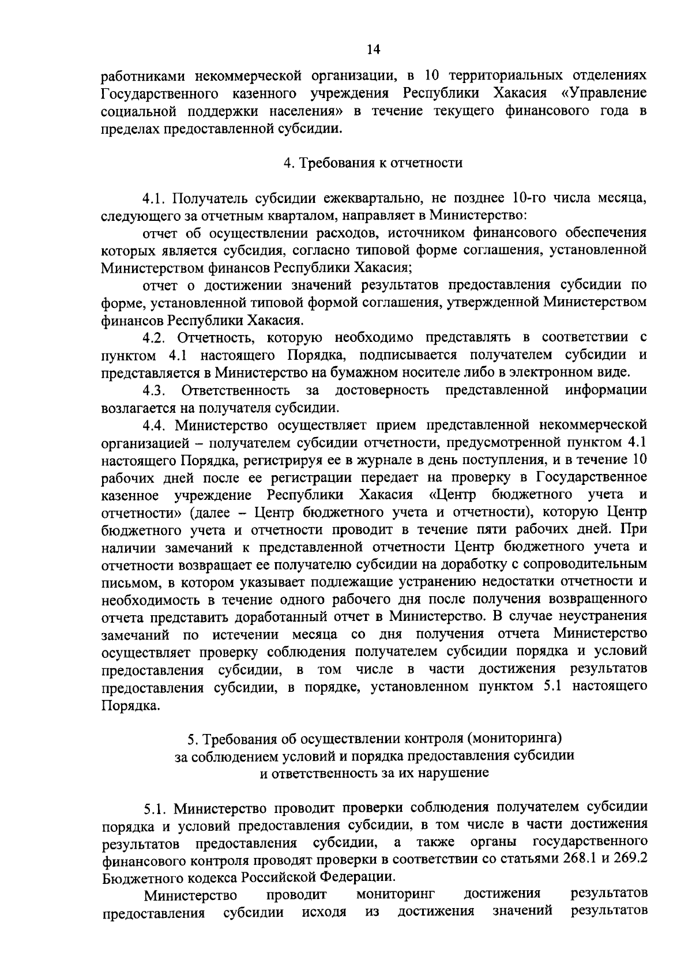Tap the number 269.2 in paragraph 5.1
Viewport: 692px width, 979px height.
click(630, 859)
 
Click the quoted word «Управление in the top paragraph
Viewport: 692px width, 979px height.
click(603, 93)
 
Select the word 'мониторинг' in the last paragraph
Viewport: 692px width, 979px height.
click(395, 894)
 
